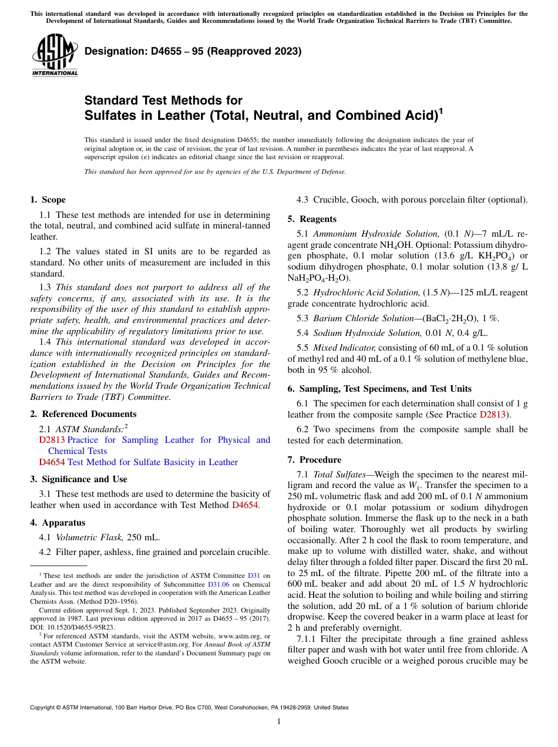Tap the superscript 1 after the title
441,110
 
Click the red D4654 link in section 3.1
245,504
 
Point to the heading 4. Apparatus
58,523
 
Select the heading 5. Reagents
312,219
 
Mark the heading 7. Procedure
314,460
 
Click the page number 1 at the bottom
279,721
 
